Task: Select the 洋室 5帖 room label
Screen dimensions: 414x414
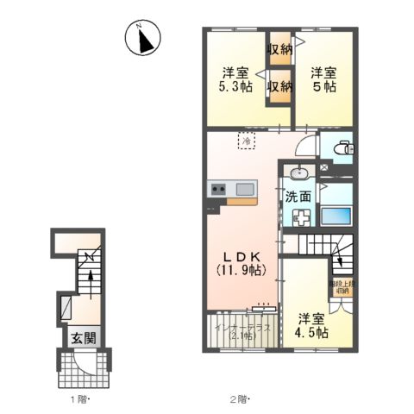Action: [x=323, y=78]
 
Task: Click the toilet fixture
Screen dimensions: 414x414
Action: [x=342, y=148]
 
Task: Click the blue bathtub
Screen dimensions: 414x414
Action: [x=337, y=216]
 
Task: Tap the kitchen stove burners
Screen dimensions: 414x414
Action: [x=216, y=190]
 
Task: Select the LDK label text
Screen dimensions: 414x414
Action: [x=240, y=255]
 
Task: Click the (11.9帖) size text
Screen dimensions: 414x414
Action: [x=241, y=270]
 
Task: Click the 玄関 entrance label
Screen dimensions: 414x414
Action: [x=79, y=337]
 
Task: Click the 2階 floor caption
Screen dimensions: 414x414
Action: [x=240, y=398]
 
